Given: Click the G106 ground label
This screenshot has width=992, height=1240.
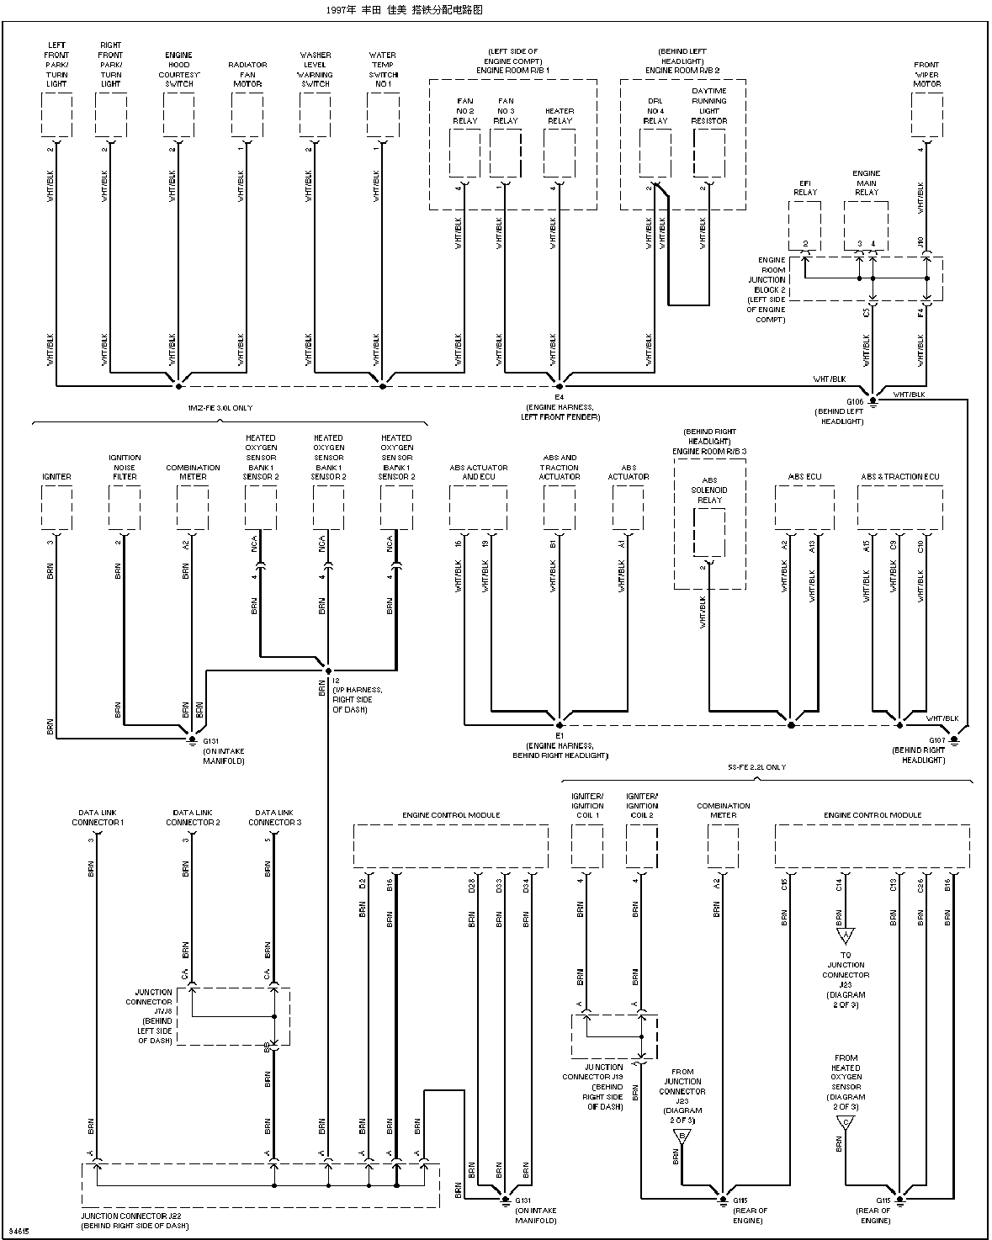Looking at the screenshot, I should point(855,401).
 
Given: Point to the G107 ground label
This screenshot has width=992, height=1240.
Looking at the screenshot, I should point(937,740).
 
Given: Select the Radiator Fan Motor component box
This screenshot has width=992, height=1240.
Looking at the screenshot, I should point(247,114).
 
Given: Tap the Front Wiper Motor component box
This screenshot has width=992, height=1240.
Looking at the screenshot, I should point(927,114).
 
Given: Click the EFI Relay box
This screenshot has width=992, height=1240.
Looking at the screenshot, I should point(805,222).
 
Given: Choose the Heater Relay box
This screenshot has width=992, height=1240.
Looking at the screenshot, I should point(560,152).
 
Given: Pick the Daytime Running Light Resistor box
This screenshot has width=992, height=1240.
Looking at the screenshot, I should point(709,152).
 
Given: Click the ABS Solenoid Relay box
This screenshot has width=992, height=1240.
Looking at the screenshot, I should point(709,532).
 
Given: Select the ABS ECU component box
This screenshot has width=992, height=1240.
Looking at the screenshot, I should point(804,508).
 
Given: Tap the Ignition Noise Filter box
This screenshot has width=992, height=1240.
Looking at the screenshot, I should point(125,508).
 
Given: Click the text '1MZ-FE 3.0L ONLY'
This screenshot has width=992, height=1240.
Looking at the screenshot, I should point(220,408).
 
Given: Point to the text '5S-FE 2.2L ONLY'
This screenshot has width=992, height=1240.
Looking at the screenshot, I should point(756,767).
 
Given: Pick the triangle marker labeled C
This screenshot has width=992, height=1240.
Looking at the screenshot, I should point(846,1124).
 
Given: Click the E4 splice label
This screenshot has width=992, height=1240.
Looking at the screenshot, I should point(559,396).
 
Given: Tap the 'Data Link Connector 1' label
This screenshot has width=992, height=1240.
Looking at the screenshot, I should point(98,818).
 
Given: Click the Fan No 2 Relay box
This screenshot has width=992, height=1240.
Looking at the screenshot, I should point(464,152).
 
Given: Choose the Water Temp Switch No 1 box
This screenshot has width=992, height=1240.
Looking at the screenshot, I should point(383,114).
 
